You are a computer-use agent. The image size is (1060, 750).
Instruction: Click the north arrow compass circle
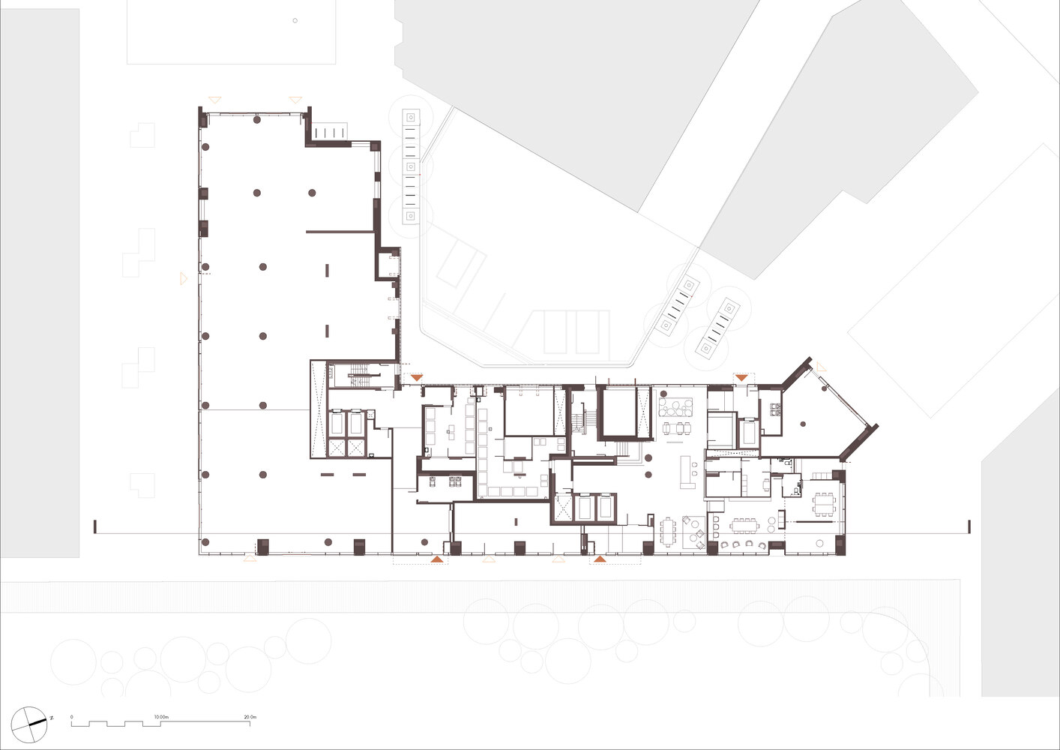[x=29, y=724]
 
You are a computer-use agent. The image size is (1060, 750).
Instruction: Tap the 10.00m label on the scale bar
[x=161, y=717]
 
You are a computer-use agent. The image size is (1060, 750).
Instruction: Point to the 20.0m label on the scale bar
[x=250, y=717]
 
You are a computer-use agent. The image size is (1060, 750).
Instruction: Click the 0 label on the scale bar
[x=72, y=717]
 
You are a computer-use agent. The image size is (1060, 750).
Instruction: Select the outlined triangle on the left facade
[x=183, y=278]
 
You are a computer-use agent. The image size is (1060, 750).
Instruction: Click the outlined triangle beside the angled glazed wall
[x=822, y=367]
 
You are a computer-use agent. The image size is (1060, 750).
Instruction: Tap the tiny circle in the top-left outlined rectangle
[x=295, y=21]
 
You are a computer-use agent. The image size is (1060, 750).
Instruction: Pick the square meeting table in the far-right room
[x=824, y=504]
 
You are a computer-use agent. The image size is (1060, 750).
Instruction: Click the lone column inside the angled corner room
[x=803, y=424]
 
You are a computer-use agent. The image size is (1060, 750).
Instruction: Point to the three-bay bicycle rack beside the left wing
[x=410, y=166]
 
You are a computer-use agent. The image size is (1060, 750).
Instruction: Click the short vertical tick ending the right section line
[x=969, y=526]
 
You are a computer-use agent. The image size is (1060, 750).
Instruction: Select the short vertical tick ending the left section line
[x=95, y=526]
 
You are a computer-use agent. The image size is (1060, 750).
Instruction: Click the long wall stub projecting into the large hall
[x=340, y=232]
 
